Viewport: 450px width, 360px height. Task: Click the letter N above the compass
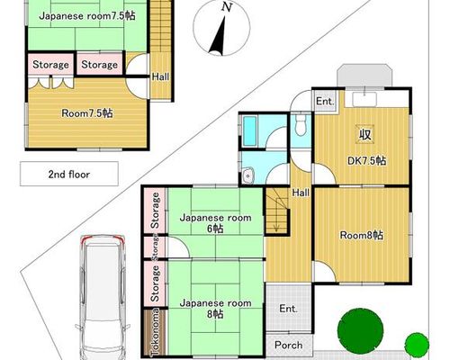(227, 7)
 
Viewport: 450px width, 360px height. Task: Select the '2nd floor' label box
(69, 174)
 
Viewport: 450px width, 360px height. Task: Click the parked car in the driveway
(103, 297)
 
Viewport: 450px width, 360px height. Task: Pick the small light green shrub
(417, 345)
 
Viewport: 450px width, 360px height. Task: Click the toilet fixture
(300, 125)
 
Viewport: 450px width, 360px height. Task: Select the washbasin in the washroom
(248, 175)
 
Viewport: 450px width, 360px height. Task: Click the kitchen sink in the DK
(364, 100)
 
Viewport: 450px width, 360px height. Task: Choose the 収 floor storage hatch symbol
(365, 134)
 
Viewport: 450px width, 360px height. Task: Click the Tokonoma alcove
(155, 332)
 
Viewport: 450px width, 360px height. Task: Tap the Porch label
(289, 345)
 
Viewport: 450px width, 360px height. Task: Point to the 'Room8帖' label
(362, 235)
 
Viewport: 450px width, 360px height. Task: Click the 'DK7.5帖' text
(366, 161)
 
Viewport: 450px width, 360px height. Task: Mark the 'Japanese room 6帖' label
(215, 223)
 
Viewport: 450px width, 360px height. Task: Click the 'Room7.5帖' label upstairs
(87, 113)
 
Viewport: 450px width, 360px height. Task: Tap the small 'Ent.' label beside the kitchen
(325, 101)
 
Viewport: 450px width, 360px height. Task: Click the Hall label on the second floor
(160, 76)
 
